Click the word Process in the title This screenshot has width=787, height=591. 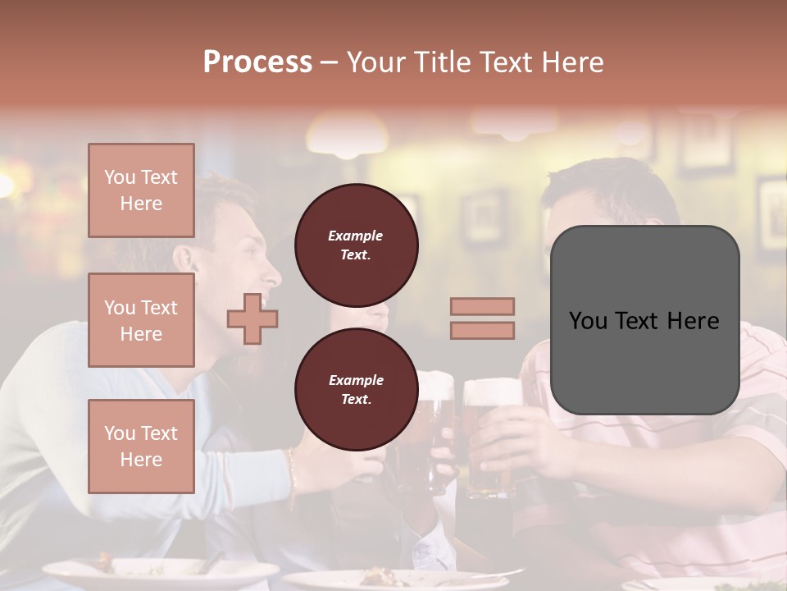(257, 62)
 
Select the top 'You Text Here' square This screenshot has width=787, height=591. (141, 190)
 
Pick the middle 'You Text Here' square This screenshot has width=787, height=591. (141, 320)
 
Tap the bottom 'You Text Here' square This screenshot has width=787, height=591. (141, 447)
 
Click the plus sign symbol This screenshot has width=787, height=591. (252, 318)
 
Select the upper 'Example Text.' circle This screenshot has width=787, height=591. (356, 245)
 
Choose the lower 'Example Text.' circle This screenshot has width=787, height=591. (356, 390)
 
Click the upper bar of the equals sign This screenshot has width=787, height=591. (482, 306)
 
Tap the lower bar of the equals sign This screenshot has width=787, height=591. (482, 330)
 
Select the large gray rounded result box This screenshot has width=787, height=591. (644, 320)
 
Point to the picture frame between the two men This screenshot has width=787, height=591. (484, 218)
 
